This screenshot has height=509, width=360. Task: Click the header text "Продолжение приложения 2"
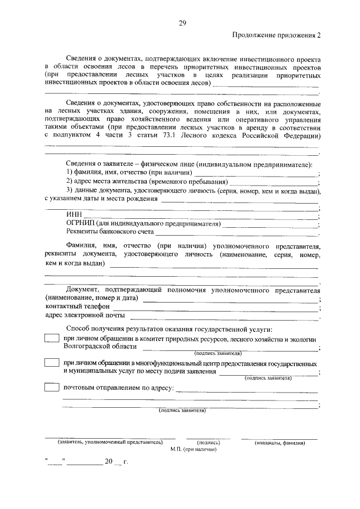click(276, 36)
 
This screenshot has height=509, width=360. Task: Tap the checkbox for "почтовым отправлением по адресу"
click(51, 388)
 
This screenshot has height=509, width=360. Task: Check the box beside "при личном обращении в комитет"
click(51, 339)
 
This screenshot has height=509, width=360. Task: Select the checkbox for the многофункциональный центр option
click(51, 363)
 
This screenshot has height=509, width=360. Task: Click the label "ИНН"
click(74, 215)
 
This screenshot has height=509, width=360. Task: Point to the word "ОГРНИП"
click(80, 223)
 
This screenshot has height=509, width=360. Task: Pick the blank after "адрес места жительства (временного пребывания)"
click(274, 183)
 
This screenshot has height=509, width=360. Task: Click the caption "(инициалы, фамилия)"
click(280, 443)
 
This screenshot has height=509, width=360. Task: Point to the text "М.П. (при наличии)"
click(193, 450)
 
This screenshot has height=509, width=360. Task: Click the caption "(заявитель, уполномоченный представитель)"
click(110, 443)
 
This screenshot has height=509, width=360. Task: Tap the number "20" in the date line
click(108, 462)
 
